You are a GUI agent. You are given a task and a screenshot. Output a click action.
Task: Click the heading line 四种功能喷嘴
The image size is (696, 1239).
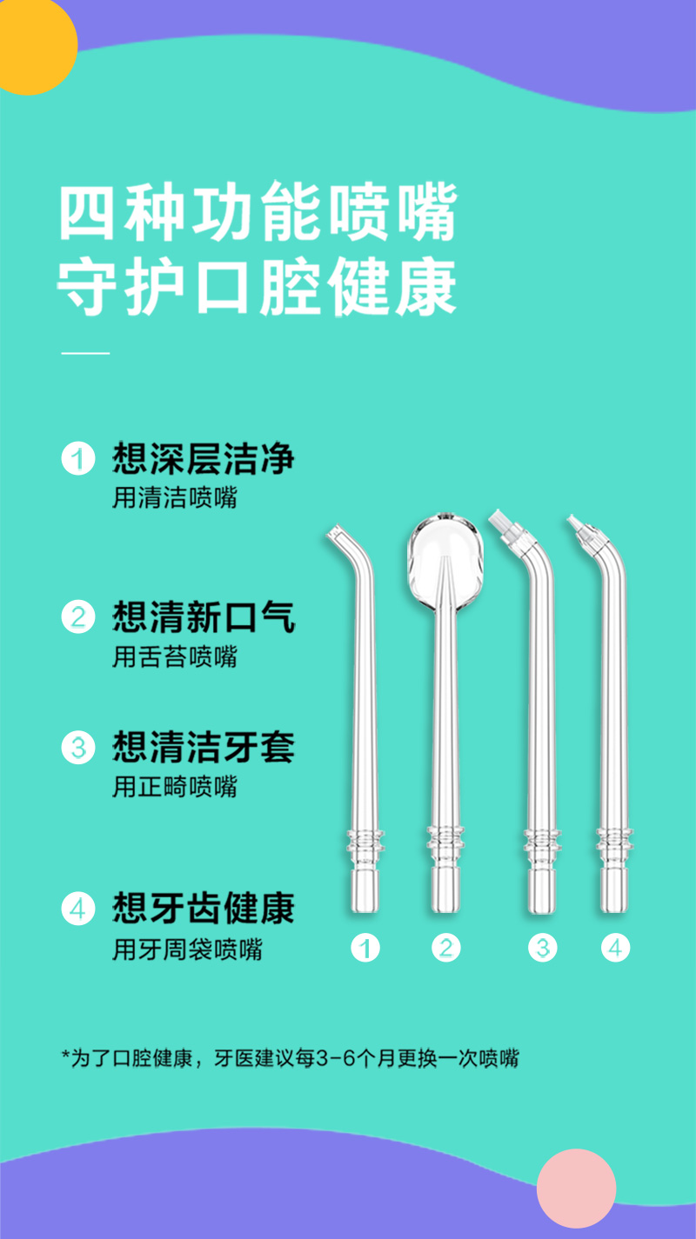click(x=258, y=211)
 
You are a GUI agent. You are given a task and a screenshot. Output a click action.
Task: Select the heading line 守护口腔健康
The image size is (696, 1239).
click(x=257, y=286)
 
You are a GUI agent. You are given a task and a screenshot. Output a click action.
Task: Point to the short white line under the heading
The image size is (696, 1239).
click(x=85, y=353)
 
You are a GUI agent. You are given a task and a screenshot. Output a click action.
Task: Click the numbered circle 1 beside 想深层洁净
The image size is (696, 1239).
click(x=78, y=458)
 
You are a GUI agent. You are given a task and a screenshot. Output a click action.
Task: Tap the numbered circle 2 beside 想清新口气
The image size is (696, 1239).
click(x=78, y=616)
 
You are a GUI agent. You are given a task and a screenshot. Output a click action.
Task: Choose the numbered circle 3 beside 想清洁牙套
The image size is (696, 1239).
click(x=78, y=747)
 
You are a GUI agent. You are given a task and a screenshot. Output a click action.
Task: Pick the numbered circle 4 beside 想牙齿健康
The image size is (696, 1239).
click(x=78, y=909)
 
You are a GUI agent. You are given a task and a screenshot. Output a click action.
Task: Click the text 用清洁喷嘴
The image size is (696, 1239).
click(x=175, y=497)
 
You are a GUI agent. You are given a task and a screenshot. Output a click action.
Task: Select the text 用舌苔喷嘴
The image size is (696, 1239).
click(x=175, y=656)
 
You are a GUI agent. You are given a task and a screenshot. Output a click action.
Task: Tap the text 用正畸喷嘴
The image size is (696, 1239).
click(x=175, y=787)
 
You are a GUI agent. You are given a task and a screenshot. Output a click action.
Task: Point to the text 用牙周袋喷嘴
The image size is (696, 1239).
click(x=188, y=949)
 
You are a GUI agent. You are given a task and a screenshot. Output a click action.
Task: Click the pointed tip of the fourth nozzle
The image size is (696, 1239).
click(x=573, y=521)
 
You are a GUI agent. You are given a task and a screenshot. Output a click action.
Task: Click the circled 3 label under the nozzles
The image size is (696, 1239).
click(x=542, y=948)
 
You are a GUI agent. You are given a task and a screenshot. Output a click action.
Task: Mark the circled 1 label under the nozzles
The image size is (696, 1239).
click(x=365, y=948)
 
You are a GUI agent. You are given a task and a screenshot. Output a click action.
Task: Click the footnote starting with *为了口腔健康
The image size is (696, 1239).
click(x=291, y=1058)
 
